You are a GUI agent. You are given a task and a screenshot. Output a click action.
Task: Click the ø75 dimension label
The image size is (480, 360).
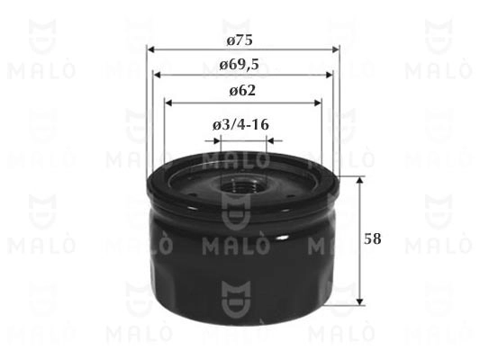[240, 40]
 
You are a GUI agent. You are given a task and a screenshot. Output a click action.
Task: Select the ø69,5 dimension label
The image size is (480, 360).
[240, 65]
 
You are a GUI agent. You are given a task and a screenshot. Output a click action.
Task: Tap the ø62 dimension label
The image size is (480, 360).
[242, 91]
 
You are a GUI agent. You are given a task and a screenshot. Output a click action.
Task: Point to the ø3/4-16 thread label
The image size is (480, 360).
[241, 125]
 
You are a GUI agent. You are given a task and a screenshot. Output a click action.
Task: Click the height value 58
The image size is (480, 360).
[373, 238]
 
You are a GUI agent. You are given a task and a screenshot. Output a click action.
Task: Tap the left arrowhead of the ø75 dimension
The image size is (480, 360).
[150, 49]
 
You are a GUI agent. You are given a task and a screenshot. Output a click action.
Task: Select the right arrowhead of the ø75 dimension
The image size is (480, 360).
[336, 49]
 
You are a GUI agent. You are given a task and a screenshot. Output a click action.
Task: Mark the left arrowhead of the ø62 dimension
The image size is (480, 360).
[168, 103]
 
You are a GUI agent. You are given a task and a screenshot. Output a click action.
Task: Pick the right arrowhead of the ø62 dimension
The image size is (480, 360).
[318, 103]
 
